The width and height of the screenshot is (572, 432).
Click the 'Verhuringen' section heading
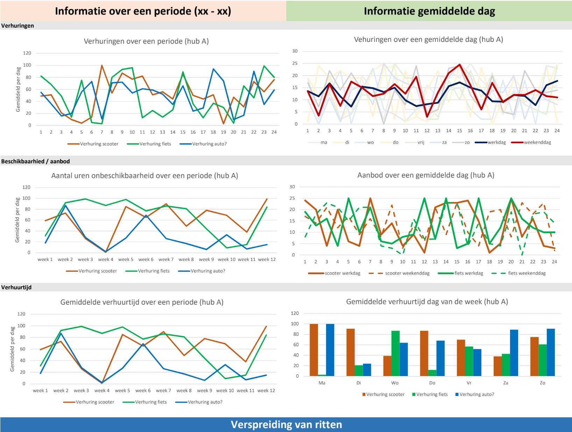click(17, 26)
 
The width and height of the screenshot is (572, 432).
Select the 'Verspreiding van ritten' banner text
click(286, 424)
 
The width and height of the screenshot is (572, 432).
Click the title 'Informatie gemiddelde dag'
click(429, 11)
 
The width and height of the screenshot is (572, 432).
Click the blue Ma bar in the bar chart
click(330, 350)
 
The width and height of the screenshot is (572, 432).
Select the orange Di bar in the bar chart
click(351, 352)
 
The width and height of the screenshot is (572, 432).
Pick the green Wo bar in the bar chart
click(395, 353)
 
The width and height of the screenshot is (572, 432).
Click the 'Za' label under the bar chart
click(506, 383)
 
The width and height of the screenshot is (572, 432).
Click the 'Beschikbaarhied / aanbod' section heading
click(35, 161)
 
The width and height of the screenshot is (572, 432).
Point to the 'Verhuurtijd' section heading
click(16, 287)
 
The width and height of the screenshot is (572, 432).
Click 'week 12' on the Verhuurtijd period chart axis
click(266, 390)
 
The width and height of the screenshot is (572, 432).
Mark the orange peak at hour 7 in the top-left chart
click(102, 65)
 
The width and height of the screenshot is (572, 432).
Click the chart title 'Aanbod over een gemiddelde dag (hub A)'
click(426, 175)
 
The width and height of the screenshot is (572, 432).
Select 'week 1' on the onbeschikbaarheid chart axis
click(45, 259)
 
